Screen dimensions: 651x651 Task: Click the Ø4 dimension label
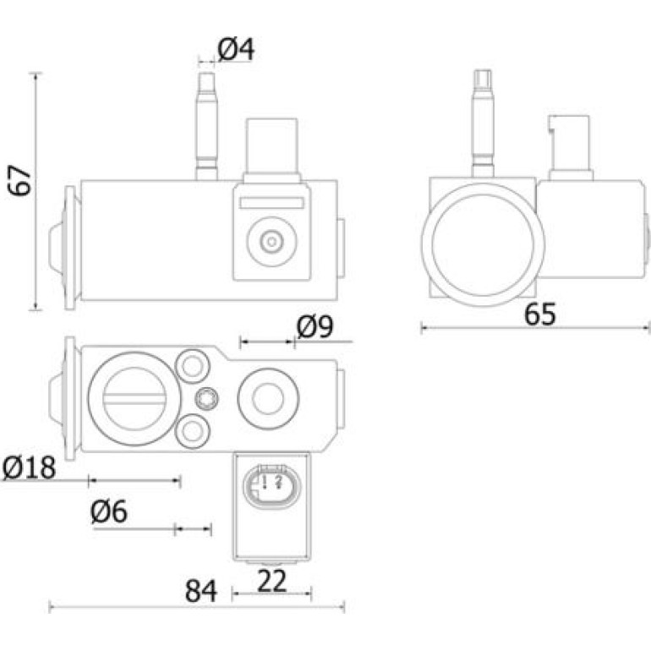click(236, 49)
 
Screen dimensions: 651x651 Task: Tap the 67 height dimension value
click(19, 180)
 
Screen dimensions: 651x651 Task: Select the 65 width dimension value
click(539, 315)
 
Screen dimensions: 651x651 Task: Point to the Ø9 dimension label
click(315, 326)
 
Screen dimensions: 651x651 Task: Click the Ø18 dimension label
click(29, 467)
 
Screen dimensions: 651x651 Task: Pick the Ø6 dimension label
click(109, 511)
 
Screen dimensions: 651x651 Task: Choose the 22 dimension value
click(272, 581)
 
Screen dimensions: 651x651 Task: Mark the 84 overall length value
click(201, 591)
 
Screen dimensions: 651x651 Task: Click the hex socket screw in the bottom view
click(206, 398)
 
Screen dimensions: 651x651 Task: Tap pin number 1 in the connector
click(264, 482)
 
